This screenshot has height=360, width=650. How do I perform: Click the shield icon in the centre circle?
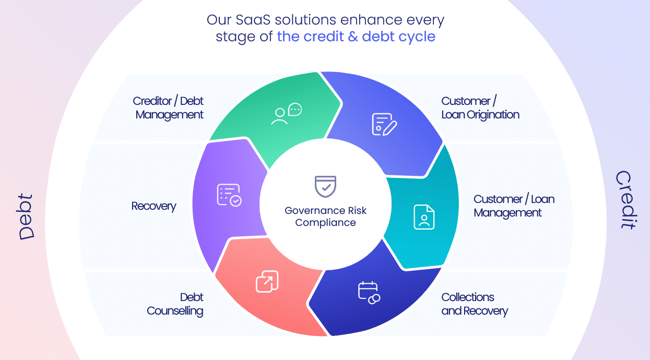[x=326, y=187]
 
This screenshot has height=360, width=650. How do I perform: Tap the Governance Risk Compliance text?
[x=326, y=217]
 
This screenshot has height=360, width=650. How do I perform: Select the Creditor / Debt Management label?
[x=168, y=108]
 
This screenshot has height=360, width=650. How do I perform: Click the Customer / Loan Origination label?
[x=480, y=108]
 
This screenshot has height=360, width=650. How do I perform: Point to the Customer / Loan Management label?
[x=514, y=206]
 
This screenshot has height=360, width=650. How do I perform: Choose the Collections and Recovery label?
[x=475, y=304]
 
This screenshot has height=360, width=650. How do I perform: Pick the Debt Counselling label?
[x=175, y=304]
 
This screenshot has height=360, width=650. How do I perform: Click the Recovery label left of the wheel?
[x=153, y=206]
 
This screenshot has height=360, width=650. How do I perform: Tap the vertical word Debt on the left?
[x=26, y=217]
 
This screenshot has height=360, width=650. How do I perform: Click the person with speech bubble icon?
[x=287, y=114]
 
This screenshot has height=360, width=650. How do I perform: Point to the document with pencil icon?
[x=384, y=125]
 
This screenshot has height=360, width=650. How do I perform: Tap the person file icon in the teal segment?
[x=424, y=217]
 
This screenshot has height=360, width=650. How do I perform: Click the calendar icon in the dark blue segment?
[x=369, y=293]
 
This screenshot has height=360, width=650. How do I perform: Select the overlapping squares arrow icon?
[x=267, y=281]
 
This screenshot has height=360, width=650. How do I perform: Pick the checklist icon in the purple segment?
[x=229, y=195]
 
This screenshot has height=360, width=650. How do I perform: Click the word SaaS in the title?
[x=253, y=20]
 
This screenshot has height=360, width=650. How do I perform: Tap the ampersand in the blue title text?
[x=353, y=37]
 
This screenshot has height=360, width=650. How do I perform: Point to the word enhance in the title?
[x=371, y=20]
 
